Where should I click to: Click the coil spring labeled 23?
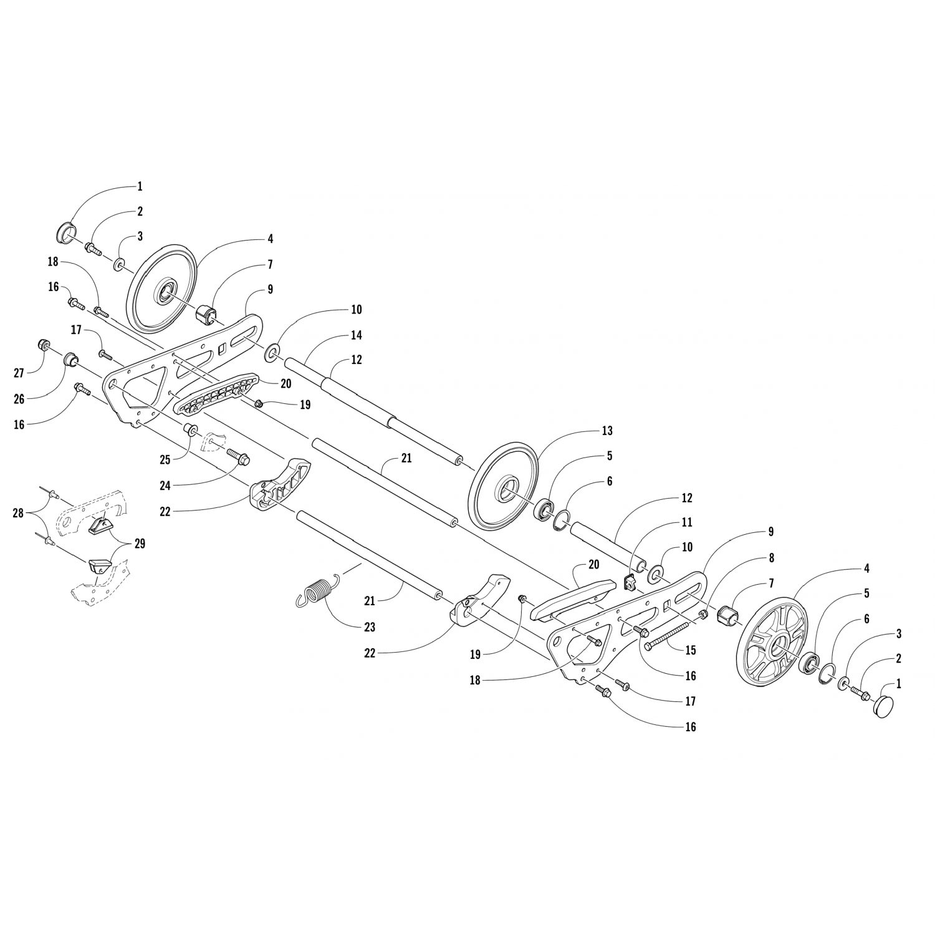[x=319, y=591]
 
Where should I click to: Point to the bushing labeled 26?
[x=71, y=360]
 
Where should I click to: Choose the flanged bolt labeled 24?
[x=237, y=457]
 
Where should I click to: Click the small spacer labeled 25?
[x=190, y=430]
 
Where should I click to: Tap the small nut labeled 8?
[x=702, y=615]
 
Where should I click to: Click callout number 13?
[x=607, y=431]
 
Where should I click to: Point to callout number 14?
[x=356, y=335]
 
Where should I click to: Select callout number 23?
[x=370, y=626]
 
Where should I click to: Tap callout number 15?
[x=690, y=650]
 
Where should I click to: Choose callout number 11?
[x=686, y=522]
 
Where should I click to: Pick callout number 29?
[x=140, y=544]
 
